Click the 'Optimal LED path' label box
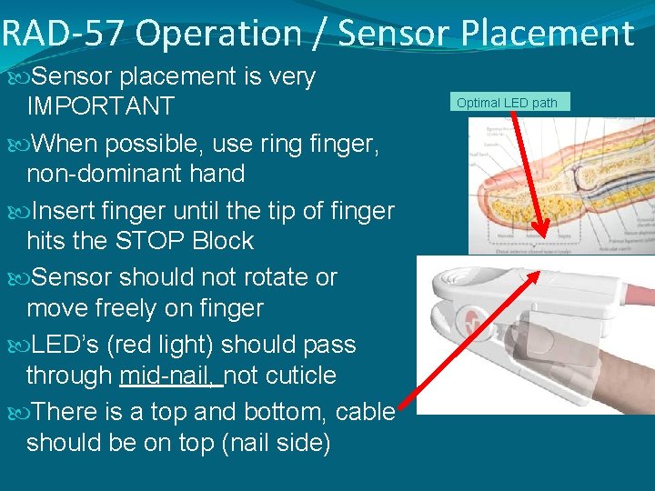click(x=507, y=102)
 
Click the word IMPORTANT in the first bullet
click(x=100, y=106)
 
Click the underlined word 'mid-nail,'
click(x=171, y=376)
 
